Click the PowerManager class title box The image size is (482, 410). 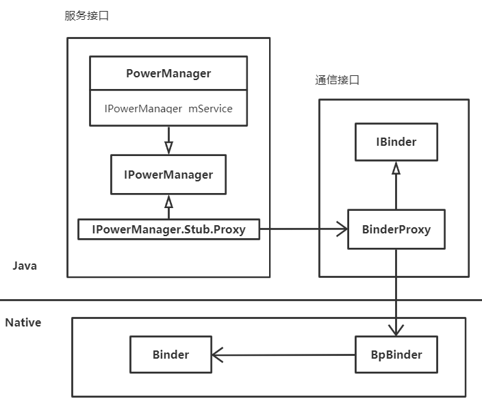[168, 73]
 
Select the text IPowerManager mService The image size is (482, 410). [168, 108]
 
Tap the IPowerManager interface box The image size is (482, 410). [168, 175]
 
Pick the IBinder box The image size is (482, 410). [396, 142]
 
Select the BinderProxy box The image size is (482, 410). [396, 229]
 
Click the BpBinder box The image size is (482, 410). [396, 355]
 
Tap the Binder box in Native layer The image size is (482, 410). [170, 355]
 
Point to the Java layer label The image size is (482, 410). [24, 266]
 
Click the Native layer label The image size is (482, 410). [23, 322]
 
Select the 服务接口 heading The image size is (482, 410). [86, 16]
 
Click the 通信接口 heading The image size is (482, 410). [337, 79]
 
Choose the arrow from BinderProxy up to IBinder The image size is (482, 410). [396, 186]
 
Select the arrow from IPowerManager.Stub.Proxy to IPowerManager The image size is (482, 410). [168, 207]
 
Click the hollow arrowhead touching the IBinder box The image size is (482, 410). [396, 168]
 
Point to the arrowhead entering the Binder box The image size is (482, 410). [216, 355]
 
